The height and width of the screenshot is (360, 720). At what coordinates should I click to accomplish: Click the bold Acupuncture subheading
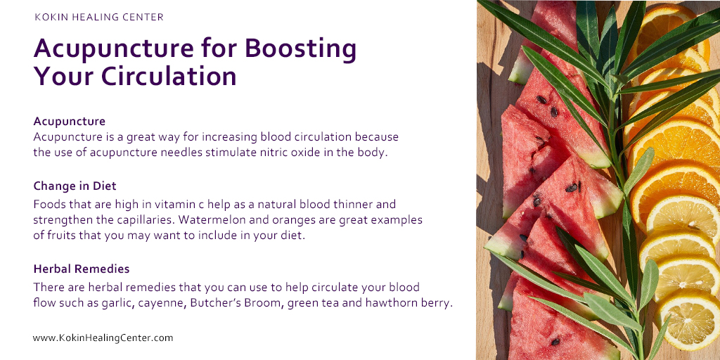tap(70, 122)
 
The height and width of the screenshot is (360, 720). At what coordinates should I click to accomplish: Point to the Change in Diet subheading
tap(75, 186)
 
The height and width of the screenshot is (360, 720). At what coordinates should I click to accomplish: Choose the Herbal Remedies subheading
tap(82, 269)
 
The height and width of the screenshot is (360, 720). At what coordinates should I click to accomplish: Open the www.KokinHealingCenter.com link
tap(103, 338)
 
